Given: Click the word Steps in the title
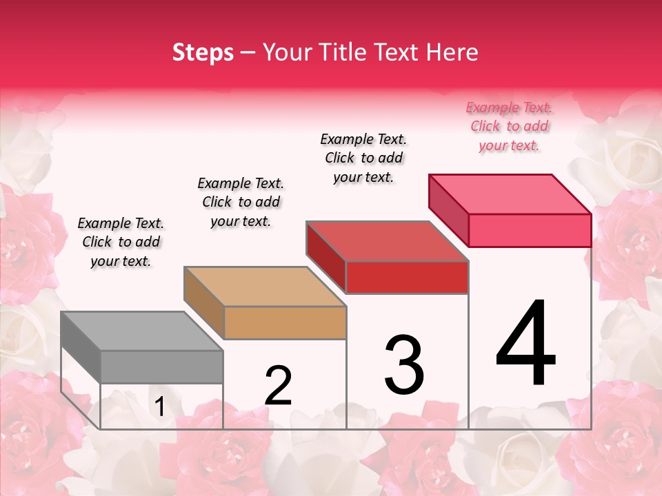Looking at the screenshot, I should pos(203,52).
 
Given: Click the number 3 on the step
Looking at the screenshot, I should pos(403,364).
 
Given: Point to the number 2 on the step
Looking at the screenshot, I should pos(278,385).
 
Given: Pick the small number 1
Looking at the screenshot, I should pos(160,407).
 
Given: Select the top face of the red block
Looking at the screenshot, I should pos(387,241).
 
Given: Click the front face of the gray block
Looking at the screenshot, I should pos(162,366).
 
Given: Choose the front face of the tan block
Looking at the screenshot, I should pos(285,322).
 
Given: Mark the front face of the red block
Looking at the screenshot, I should pos(407,277).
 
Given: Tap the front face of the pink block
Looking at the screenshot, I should pos(530,230).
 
